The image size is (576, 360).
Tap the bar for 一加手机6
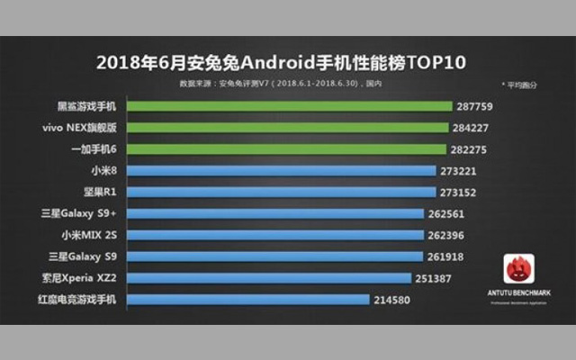click(x=283, y=149)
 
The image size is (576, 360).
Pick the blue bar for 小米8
click(x=277, y=171)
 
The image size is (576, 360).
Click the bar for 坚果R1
click(x=277, y=192)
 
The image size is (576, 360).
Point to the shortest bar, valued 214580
click(x=244, y=299)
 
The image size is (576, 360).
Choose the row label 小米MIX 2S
click(x=87, y=235)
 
